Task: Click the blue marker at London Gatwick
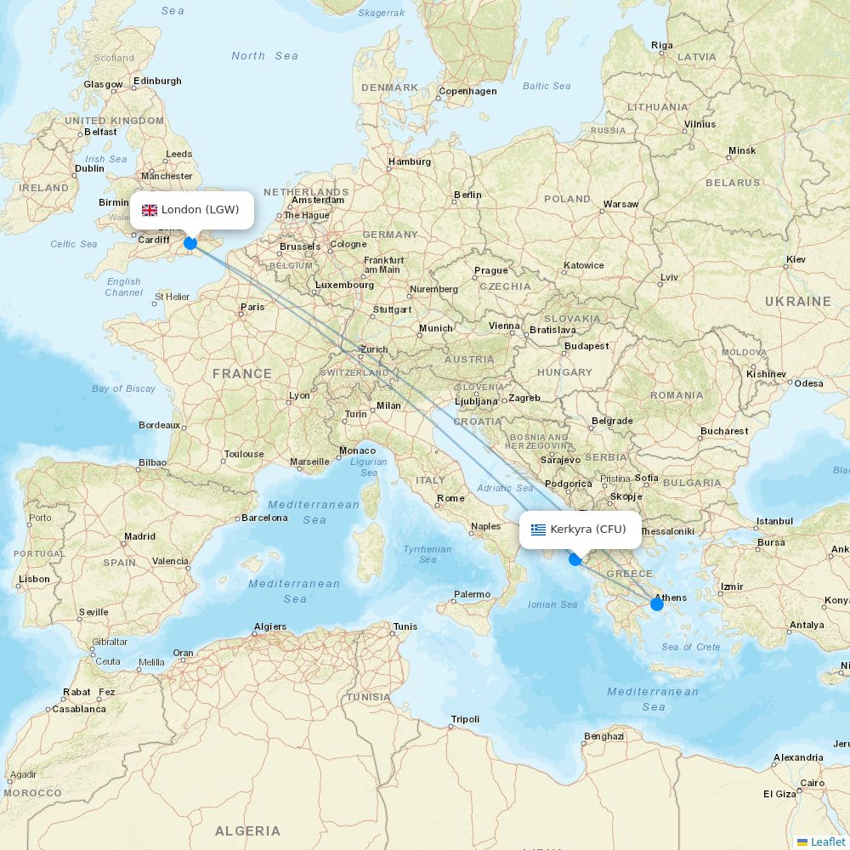(x=190, y=243)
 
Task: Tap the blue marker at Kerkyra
(x=575, y=559)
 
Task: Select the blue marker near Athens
(x=657, y=604)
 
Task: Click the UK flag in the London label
(x=150, y=210)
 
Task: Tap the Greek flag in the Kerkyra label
(x=538, y=530)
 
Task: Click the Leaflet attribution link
(x=827, y=841)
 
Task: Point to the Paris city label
(x=252, y=307)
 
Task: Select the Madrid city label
(x=139, y=536)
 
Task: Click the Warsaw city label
(x=620, y=204)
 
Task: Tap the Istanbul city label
(x=774, y=521)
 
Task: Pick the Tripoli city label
(x=465, y=719)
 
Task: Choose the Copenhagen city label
(x=467, y=91)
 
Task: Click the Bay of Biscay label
(x=124, y=388)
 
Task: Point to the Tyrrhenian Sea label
(x=428, y=554)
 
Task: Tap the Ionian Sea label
(x=552, y=604)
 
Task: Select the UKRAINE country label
(x=797, y=301)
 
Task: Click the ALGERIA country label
(x=247, y=830)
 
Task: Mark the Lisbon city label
(x=34, y=579)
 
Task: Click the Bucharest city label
(x=724, y=431)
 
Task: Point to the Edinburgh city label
(x=157, y=81)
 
